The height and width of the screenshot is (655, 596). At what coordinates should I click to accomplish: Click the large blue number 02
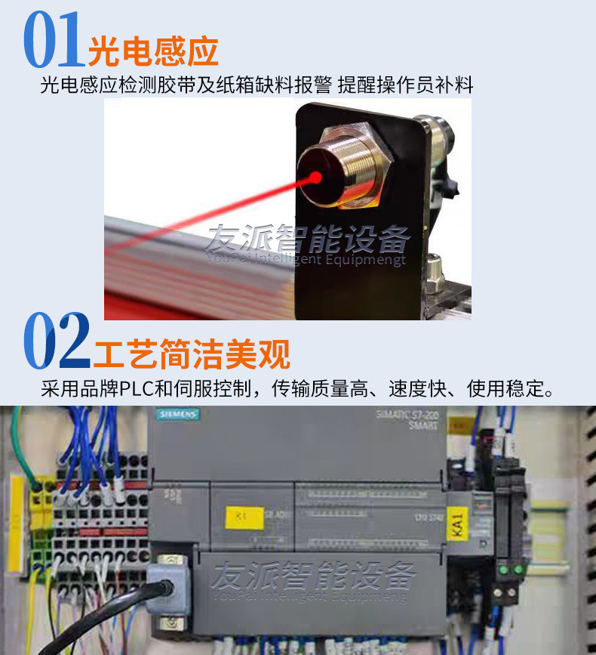click(57, 341)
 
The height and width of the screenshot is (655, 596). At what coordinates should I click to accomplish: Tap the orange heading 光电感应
click(153, 51)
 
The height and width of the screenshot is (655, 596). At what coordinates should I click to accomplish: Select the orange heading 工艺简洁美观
click(192, 354)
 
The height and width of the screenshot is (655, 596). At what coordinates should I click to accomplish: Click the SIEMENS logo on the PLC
click(178, 415)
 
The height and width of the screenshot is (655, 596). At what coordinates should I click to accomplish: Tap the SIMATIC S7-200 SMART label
click(411, 419)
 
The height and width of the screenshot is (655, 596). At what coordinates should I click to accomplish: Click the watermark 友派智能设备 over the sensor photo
click(308, 239)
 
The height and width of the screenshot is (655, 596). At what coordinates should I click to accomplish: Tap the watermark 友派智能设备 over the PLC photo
click(312, 576)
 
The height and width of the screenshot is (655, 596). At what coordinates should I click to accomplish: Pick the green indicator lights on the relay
click(509, 568)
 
